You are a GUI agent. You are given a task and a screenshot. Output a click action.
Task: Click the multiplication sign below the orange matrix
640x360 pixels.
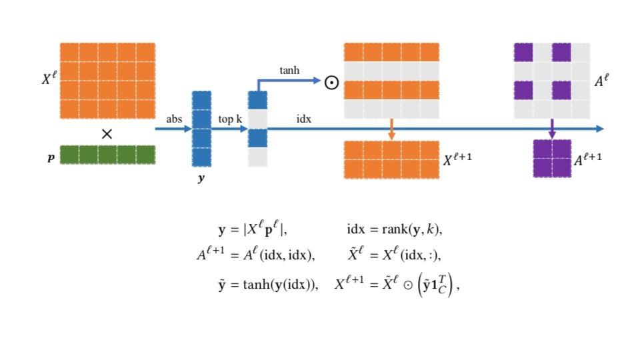(107, 134)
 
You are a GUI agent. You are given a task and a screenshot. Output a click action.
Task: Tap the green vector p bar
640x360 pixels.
(107, 155)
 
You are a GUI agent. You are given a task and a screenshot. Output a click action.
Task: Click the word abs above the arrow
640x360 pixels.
(174, 119)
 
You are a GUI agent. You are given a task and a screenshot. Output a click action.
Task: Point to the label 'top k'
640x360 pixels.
(230, 119)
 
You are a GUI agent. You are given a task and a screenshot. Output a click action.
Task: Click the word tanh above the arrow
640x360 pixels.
(289, 70)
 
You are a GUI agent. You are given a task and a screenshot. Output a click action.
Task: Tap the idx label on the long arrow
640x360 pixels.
(304, 119)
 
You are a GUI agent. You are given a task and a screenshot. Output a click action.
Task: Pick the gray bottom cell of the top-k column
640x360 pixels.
(257, 157)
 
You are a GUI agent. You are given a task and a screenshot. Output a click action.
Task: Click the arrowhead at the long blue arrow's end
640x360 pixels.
(600, 129)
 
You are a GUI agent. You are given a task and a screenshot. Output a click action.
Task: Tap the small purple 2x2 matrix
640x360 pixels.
(552, 159)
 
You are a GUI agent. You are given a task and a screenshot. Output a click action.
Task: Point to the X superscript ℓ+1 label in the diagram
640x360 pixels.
(461, 160)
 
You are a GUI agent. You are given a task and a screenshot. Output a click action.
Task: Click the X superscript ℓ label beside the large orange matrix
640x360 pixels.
(49, 78)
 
